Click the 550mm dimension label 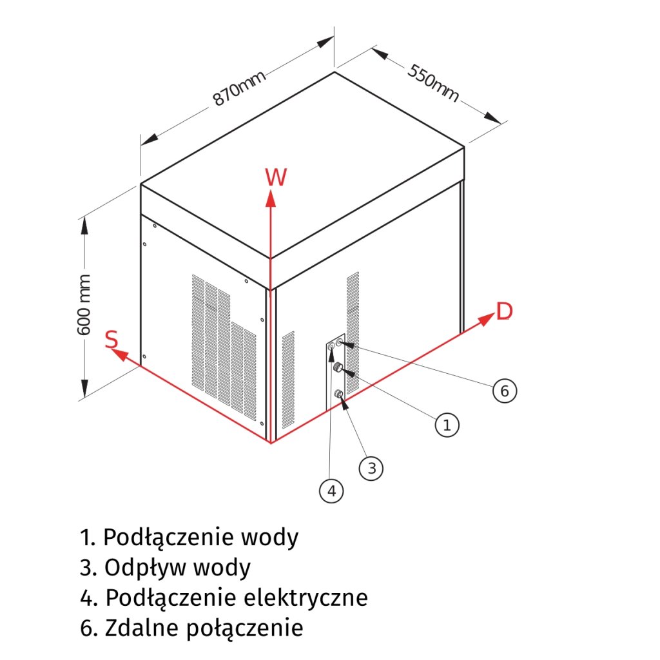pyautogui.click(x=433, y=83)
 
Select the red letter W pyautogui.click(x=276, y=177)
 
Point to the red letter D pyautogui.click(x=504, y=311)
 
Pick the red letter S pyautogui.click(x=112, y=340)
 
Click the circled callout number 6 pyautogui.click(x=505, y=391)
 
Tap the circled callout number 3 pyautogui.click(x=371, y=469)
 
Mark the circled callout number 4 pyautogui.click(x=331, y=491)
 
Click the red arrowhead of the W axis pyautogui.click(x=271, y=199)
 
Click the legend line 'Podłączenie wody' pyautogui.click(x=189, y=537)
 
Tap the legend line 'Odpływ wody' pyautogui.click(x=166, y=568)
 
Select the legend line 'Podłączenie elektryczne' pyautogui.click(x=224, y=598)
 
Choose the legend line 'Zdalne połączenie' pyautogui.click(x=191, y=628)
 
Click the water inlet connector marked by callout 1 pyautogui.click(x=336, y=368)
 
